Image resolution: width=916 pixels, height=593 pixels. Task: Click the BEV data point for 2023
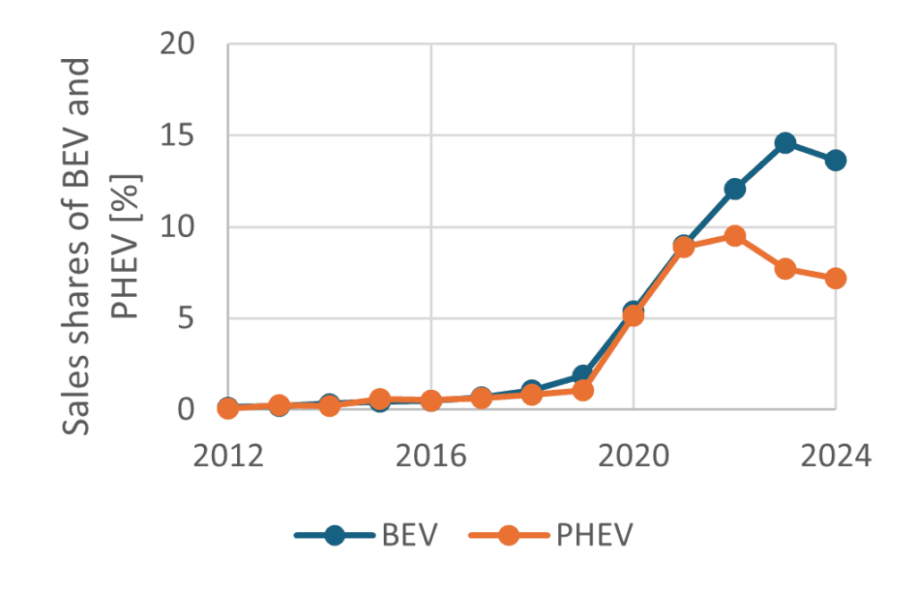coord(785,143)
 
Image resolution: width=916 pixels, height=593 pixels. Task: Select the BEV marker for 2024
coord(836,160)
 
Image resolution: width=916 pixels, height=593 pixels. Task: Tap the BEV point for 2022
coord(735,189)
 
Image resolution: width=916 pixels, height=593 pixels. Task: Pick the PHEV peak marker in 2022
coord(735,236)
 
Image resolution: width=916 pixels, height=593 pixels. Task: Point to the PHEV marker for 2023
coord(785,268)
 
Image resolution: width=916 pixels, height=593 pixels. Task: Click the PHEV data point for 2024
coord(836,278)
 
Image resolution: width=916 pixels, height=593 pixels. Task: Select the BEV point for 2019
coord(583,375)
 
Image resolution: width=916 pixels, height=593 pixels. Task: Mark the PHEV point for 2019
coord(583,390)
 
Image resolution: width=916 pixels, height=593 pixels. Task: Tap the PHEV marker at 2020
coord(633,315)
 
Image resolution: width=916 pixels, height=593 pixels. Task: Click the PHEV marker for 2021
coord(684,247)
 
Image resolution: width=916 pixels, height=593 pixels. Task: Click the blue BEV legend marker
coord(335,535)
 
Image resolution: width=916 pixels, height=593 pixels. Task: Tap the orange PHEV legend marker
coord(508,535)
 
